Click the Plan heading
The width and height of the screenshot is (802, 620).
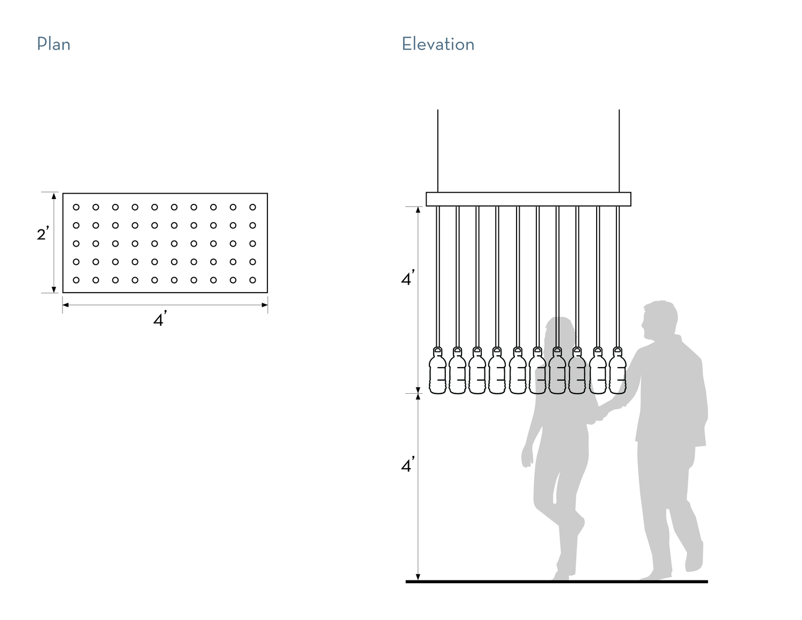coord(53,44)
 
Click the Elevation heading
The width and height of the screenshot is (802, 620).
coord(438,44)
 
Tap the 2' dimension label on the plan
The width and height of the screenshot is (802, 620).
coord(43,234)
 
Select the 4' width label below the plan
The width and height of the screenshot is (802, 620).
coord(160,320)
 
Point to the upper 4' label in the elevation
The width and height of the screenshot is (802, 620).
coord(408,279)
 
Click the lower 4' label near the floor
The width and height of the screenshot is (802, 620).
coord(408,466)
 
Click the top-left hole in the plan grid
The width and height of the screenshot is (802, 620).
coord(76,207)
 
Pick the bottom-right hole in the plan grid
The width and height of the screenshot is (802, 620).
coord(253,280)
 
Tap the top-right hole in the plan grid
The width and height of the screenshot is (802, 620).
coord(253,207)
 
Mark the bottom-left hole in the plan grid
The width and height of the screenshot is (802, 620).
coord(76,280)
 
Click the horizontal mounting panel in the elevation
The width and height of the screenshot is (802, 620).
coord(528,199)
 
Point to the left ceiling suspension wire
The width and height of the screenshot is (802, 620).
coord(438,150)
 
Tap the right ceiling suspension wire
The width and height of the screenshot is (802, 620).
coord(619,150)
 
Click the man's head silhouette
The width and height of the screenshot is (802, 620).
coord(659,319)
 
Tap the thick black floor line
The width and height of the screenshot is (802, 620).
coord(556,581)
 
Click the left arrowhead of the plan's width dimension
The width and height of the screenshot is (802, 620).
coord(65,305)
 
